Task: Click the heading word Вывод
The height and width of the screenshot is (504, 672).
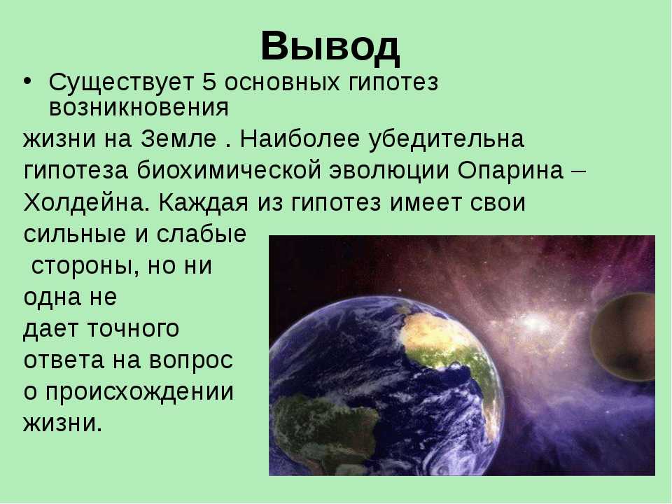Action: pyautogui.click(x=330, y=47)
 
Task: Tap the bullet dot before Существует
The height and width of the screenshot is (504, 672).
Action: pyautogui.click(x=28, y=81)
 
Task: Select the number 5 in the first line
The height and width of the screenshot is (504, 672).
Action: pyautogui.click(x=209, y=82)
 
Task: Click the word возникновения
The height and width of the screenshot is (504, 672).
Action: pyautogui.click(x=139, y=108)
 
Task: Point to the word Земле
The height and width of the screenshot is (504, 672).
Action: pyautogui.click(x=178, y=139)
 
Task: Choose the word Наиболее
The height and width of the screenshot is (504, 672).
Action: pyautogui.click(x=300, y=139)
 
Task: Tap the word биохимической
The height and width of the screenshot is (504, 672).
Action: pyautogui.click(x=230, y=171)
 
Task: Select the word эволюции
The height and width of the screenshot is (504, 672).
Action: pyautogui.click(x=389, y=171)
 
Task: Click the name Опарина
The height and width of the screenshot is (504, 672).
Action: pyautogui.click(x=511, y=171)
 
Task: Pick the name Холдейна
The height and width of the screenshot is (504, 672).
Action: pyautogui.click(x=85, y=202)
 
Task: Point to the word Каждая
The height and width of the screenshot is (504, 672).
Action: pyautogui.click(x=204, y=202)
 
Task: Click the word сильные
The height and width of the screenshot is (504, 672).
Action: pyautogui.click(x=76, y=234)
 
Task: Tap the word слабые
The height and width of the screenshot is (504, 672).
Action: pyautogui.click(x=201, y=234)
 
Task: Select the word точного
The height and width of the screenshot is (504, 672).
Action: pyautogui.click(x=133, y=329)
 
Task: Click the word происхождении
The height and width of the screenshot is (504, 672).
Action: pyautogui.click(x=140, y=393)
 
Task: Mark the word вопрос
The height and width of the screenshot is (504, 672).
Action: pyautogui.click(x=190, y=361)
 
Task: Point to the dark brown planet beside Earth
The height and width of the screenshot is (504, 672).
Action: pyautogui.click(x=624, y=337)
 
